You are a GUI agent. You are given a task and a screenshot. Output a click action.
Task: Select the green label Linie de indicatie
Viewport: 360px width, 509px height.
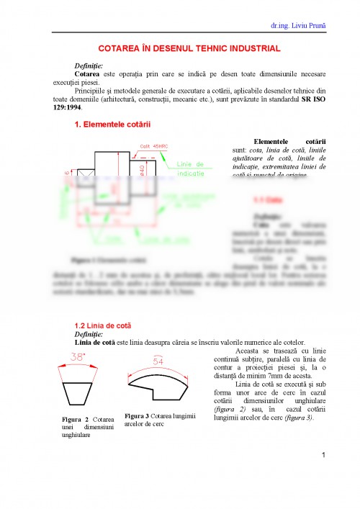click(x=191, y=169)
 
